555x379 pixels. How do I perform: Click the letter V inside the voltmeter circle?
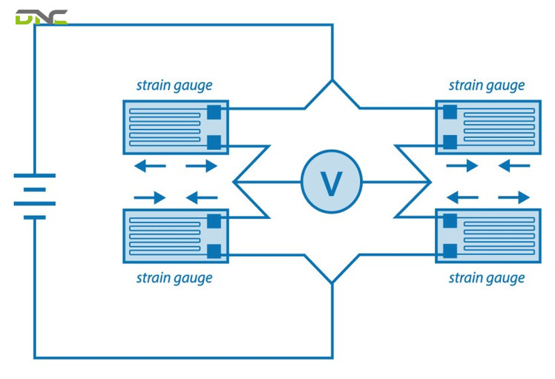332,183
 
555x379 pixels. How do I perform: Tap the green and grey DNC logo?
42,17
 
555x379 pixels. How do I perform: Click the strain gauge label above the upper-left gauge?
174,86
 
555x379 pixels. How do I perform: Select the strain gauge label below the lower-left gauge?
174,278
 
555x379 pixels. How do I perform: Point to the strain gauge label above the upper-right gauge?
487,86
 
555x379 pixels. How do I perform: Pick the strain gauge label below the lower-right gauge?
487,278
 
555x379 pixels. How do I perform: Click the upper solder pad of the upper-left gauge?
214,112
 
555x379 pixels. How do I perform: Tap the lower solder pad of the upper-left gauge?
214,142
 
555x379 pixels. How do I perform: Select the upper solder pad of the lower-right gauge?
450,221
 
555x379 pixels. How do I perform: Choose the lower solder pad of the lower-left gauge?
214,251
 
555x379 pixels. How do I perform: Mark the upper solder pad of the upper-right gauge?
450,112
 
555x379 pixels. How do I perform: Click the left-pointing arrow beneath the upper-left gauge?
150,165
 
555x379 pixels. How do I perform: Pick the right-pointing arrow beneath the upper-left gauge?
201,165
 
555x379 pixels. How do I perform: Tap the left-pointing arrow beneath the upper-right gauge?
514,165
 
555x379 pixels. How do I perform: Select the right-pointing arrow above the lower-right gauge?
514,197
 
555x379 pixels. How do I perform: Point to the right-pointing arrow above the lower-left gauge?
150,197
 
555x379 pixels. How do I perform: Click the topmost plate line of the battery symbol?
35,176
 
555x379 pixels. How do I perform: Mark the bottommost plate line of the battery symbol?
35,217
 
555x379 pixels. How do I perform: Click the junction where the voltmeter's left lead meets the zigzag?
234,182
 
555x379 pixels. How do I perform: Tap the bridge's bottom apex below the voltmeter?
332,283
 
